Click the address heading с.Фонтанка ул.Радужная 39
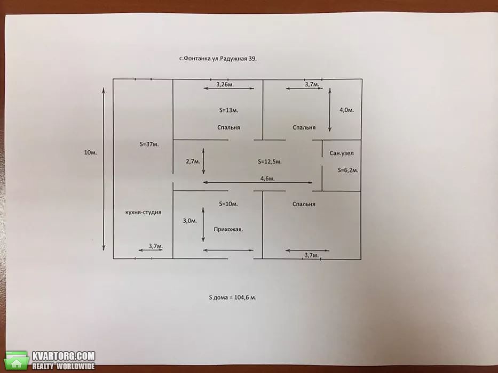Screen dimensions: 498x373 (x=218, y=59)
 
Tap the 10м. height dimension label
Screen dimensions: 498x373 (x=91, y=152)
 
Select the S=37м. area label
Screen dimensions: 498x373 (x=149, y=144)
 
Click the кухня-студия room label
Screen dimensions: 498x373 (x=143, y=212)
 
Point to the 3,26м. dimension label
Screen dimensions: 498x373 (x=225, y=84)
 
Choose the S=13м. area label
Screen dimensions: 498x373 (x=228, y=110)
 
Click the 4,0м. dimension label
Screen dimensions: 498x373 (x=346, y=110)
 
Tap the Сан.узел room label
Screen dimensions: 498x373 (x=342, y=153)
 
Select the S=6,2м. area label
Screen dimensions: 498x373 (x=348, y=171)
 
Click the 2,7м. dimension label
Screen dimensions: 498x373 (x=193, y=161)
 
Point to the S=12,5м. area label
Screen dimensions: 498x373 (x=270, y=162)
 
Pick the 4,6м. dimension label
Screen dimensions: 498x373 (x=267, y=179)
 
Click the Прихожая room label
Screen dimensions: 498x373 (x=228, y=229)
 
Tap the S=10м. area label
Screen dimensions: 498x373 (x=228, y=204)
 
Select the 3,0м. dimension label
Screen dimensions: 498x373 (x=190, y=221)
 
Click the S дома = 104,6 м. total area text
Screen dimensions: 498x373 (x=233, y=297)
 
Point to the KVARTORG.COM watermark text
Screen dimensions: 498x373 (x=64, y=356)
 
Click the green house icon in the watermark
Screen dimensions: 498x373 (x=18, y=360)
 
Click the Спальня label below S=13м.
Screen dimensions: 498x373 (x=228, y=127)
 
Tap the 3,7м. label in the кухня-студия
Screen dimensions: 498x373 (x=156, y=246)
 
